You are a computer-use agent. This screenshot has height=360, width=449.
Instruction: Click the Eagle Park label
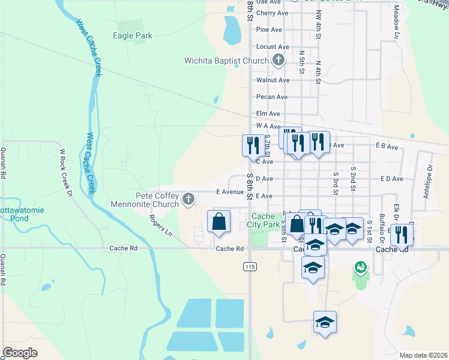(133, 35)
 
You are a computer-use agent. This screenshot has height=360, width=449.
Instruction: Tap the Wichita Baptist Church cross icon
(278, 60)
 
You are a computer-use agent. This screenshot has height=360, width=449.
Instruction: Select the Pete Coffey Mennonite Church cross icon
(188, 199)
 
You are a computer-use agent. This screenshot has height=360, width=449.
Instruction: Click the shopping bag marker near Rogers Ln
(219, 221)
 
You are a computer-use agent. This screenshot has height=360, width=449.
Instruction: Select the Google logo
(20, 353)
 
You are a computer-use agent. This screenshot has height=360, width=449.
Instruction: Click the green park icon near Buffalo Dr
(360, 266)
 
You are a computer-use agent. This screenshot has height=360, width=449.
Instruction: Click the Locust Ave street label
(272, 46)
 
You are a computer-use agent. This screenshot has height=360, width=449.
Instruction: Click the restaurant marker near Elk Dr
(400, 234)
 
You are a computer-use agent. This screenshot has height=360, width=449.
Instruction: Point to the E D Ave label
(391, 179)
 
